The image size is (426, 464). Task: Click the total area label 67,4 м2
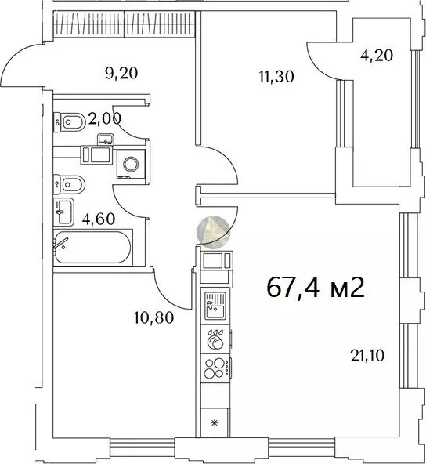[x=315, y=288]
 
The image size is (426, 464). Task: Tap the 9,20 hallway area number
[x=121, y=73]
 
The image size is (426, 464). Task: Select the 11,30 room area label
[x=276, y=77]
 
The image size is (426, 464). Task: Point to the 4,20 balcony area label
[x=377, y=56]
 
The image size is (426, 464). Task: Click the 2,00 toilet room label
[x=105, y=119]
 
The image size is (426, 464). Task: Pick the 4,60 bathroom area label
[x=99, y=219]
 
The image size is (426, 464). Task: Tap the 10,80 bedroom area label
[x=154, y=317]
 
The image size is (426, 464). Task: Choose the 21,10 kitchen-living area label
[x=367, y=355]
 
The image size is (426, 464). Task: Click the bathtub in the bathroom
[x=93, y=248]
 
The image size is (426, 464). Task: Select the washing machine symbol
[x=131, y=164]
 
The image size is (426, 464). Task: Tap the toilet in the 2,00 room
[x=70, y=121]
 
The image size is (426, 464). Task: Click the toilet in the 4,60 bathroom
[x=70, y=185]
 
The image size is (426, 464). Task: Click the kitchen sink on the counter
[x=215, y=306]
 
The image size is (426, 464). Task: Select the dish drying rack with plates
[x=215, y=339]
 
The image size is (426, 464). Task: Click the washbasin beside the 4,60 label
[x=63, y=212]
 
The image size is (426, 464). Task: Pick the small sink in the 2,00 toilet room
[x=106, y=140]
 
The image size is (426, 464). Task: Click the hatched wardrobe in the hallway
[x=125, y=24]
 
